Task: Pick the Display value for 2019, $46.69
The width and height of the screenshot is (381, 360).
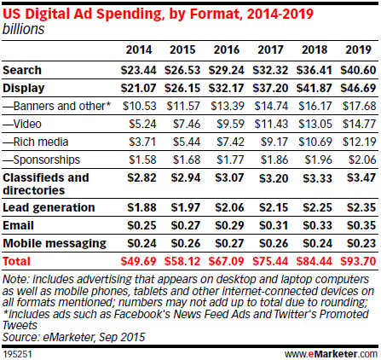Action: pyautogui.click(x=357, y=87)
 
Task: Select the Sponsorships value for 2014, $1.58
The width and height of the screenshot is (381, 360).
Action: pyautogui.click(x=139, y=160)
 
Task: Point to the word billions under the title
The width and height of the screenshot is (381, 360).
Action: pyautogui.click(x=23, y=27)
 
